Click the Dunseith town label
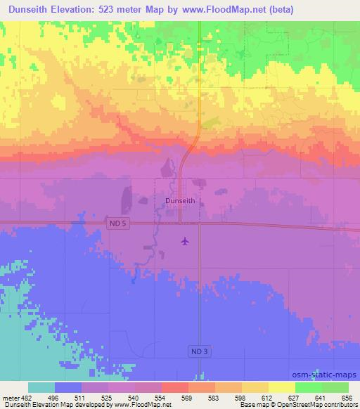[x=180, y=200]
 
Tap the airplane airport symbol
[x=185, y=241]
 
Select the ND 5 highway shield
[x=120, y=223]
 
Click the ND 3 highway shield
[x=199, y=350]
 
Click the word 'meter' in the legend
[x=11, y=397]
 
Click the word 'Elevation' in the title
[x=76, y=10]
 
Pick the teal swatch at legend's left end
[x=41, y=387]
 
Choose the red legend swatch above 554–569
[x=175, y=387]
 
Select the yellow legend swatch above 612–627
[x=281, y=387]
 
